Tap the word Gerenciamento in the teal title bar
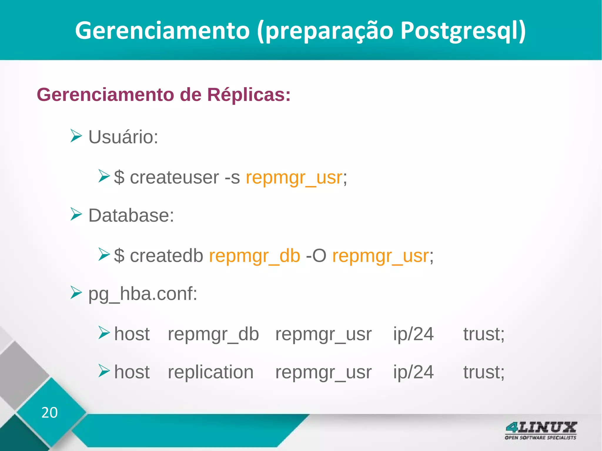pyautogui.click(x=162, y=31)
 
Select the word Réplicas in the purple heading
pyautogui.click(x=249, y=95)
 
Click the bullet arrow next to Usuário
pyautogui.click(x=76, y=136)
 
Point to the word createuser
pyautogui.click(x=174, y=177)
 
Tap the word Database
pyautogui.click(x=131, y=215)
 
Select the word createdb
pyautogui.click(x=166, y=256)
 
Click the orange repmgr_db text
pyautogui.click(x=255, y=256)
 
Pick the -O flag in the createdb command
pyautogui.click(x=316, y=256)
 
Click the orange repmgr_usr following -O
pyautogui.click(x=380, y=256)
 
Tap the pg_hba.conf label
pyautogui.click(x=143, y=294)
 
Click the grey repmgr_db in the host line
pyautogui.click(x=213, y=334)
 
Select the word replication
pyautogui.click(x=210, y=372)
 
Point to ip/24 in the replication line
pyautogui.click(x=413, y=372)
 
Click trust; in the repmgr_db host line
pyautogui.click(x=484, y=334)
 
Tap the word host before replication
pyautogui.click(x=132, y=372)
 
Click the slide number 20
pyautogui.click(x=49, y=413)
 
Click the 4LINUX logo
pyautogui.click(x=541, y=430)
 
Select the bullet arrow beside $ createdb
pyautogui.click(x=104, y=254)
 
